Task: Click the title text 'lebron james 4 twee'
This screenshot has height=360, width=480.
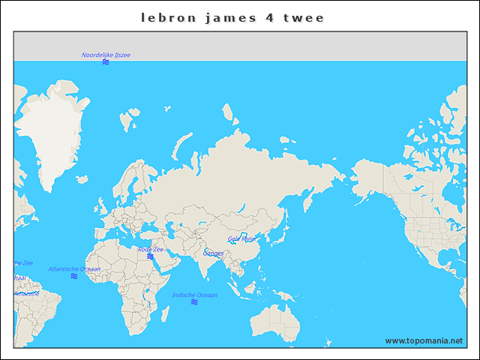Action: [232, 17]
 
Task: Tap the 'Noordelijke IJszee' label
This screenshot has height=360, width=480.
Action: [106, 55]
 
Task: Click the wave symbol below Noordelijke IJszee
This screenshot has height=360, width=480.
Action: [106, 62]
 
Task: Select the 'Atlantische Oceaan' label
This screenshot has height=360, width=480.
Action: [74, 268]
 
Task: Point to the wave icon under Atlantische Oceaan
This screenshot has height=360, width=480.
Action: [74, 276]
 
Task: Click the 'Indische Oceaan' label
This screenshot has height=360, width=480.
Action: [194, 295]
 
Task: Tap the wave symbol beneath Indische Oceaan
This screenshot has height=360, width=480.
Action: [194, 302]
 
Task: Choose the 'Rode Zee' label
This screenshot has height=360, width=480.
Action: [150, 249]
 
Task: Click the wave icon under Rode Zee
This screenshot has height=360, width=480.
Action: [150, 256]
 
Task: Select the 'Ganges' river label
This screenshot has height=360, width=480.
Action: [213, 253]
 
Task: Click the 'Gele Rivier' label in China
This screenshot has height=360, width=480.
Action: [241, 238]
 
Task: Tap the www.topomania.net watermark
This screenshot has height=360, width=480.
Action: [424, 340]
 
